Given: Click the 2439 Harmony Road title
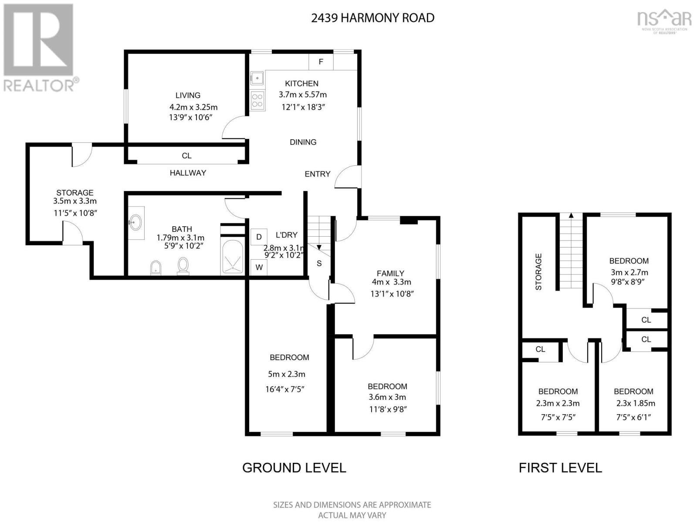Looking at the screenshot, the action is pyautogui.click(x=372, y=18).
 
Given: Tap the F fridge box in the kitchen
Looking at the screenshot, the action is pyautogui.click(x=321, y=61).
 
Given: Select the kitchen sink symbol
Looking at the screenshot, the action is pyautogui.click(x=257, y=78).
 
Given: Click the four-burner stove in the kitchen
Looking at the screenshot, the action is pyautogui.click(x=257, y=100).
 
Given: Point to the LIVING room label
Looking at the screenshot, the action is pyautogui.click(x=188, y=95).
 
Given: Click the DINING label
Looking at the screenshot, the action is pyautogui.click(x=303, y=142).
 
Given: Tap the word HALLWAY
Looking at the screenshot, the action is pyautogui.click(x=188, y=173).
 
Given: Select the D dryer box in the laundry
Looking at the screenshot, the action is pyautogui.click(x=259, y=237).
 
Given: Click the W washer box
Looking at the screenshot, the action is pyautogui.click(x=259, y=267).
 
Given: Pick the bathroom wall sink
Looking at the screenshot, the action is pyautogui.click(x=136, y=222).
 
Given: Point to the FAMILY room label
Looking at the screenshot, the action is pyautogui.click(x=391, y=273).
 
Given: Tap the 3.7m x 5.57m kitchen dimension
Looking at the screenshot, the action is pyautogui.click(x=303, y=94).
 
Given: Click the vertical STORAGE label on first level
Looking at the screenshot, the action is pyautogui.click(x=538, y=271).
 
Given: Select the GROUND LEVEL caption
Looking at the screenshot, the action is pyautogui.click(x=294, y=468).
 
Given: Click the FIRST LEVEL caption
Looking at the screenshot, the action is pyautogui.click(x=560, y=468).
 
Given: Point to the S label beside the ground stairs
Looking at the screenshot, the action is pyautogui.click(x=319, y=263).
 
